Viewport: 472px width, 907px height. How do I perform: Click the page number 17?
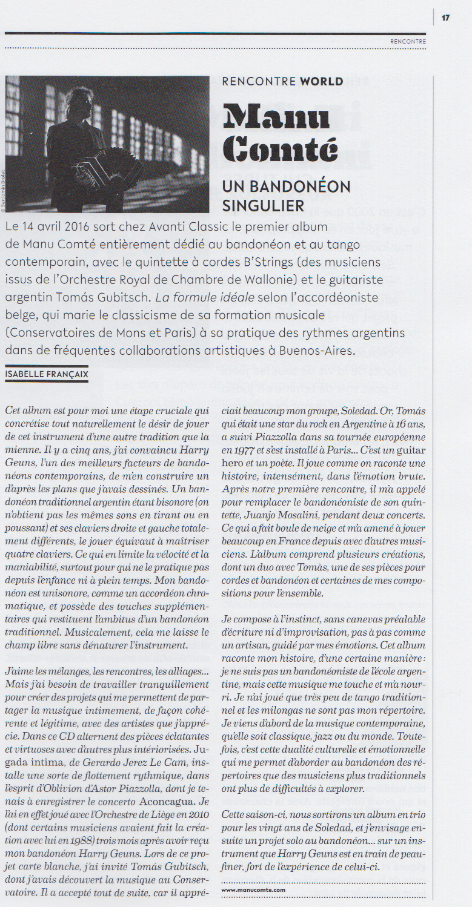tap(445, 18)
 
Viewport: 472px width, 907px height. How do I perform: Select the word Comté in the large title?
tap(280, 150)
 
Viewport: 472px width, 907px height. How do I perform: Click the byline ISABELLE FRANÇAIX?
tap(47, 375)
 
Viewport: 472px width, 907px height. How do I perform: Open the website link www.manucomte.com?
tap(253, 890)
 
